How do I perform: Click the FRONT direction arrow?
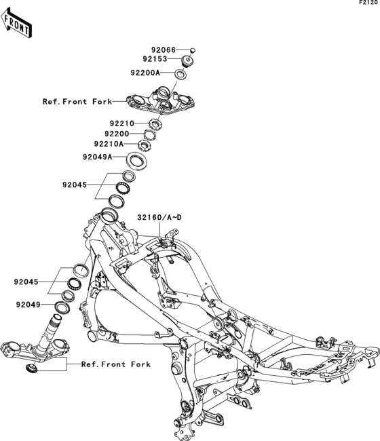coord(16,23)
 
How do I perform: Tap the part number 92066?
coord(164,50)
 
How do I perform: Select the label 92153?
coord(155,59)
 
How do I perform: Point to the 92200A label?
coord(145,73)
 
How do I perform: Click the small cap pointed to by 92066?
coord(193,50)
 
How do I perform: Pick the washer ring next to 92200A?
coord(180,74)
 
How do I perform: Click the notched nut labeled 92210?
coord(155,123)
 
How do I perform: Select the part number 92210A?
coord(109,144)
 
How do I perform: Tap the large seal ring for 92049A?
coord(136,161)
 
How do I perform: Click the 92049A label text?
coord(97,157)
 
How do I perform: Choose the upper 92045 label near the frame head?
coord(75,185)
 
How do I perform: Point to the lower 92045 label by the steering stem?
coord(26,282)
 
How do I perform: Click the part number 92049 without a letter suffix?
coord(28,305)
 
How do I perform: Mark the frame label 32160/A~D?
coord(159,217)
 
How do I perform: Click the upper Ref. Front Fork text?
coord(77,101)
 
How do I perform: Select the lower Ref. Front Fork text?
coord(116,364)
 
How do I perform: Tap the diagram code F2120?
coord(368,3)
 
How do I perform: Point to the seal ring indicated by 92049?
coord(62,307)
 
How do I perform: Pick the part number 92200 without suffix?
coord(117,134)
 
